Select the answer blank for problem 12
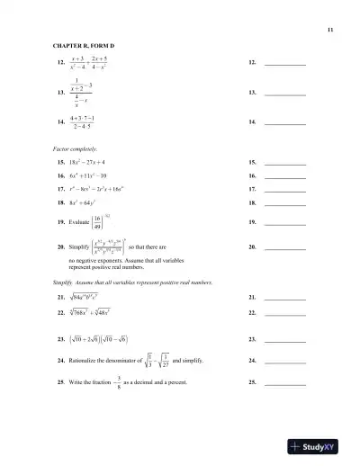coord(285,65)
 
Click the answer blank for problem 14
coord(285,123)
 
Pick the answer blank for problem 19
coord(285,221)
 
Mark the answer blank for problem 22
coord(285,313)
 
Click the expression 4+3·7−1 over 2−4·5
coord(83,123)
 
